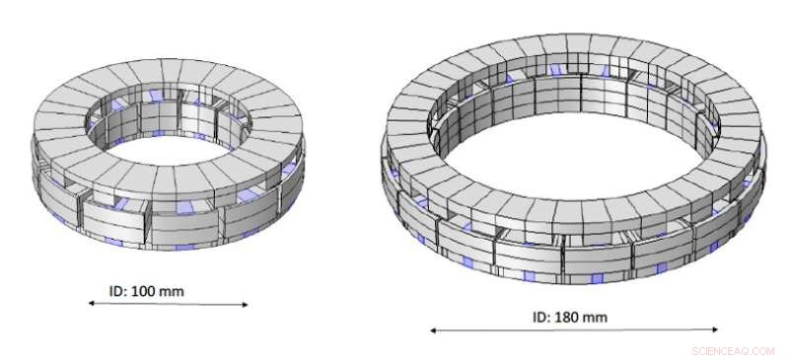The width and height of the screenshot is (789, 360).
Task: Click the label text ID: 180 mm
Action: pyautogui.click(x=569, y=317)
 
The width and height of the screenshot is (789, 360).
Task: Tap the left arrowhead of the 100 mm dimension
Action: pyautogui.click(x=92, y=304)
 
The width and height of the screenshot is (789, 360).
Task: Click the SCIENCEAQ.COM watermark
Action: pyautogui.click(x=736, y=350)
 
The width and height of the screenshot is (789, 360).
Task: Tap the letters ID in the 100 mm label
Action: pyautogui.click(x=116, y=291)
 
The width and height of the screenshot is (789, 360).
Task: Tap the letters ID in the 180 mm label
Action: pyautogui.click(x=539, y=317)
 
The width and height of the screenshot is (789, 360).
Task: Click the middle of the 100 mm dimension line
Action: pyautogui.click(x=169, y=304)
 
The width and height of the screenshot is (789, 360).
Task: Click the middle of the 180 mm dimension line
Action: pyautogui.click(x=574, y=330)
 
